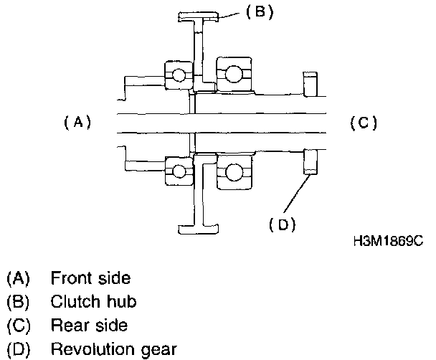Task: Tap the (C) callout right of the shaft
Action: tap(363, 123)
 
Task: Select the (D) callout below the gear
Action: tap(283, 224)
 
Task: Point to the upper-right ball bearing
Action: tap(233, 72)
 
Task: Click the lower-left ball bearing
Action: tap(177, 171)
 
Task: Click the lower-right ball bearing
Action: tap(233, 173)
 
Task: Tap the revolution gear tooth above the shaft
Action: tap(311, 84)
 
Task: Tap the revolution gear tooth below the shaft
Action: tap(311, 163)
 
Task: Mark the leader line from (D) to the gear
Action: tap(297, 194)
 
